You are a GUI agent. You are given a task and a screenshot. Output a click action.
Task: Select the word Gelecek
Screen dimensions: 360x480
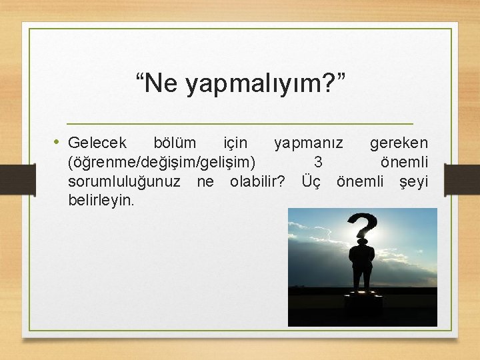click(x=97, y=143)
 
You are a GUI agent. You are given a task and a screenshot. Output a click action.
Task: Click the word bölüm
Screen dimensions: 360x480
click(x=175, y=143)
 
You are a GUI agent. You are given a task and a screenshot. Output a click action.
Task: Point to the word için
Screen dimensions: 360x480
click(x=235, y=143)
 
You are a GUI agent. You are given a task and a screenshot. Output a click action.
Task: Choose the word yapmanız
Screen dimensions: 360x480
click(x=309, y=143)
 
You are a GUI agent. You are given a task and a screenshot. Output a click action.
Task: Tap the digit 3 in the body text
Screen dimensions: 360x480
click(x=318, y=162)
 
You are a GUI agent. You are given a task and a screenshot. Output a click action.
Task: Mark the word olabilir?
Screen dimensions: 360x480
click(x=257, y=181)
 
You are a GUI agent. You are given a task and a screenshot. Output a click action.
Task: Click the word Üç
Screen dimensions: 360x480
click(x=311, y=181)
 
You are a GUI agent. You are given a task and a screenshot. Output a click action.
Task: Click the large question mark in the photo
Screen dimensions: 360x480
click(x=362, y=227)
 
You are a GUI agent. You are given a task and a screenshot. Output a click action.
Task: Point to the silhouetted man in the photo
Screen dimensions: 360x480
click(x=361, y=267)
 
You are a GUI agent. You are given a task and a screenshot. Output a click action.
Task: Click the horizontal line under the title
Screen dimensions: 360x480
click(x=240, y=125)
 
